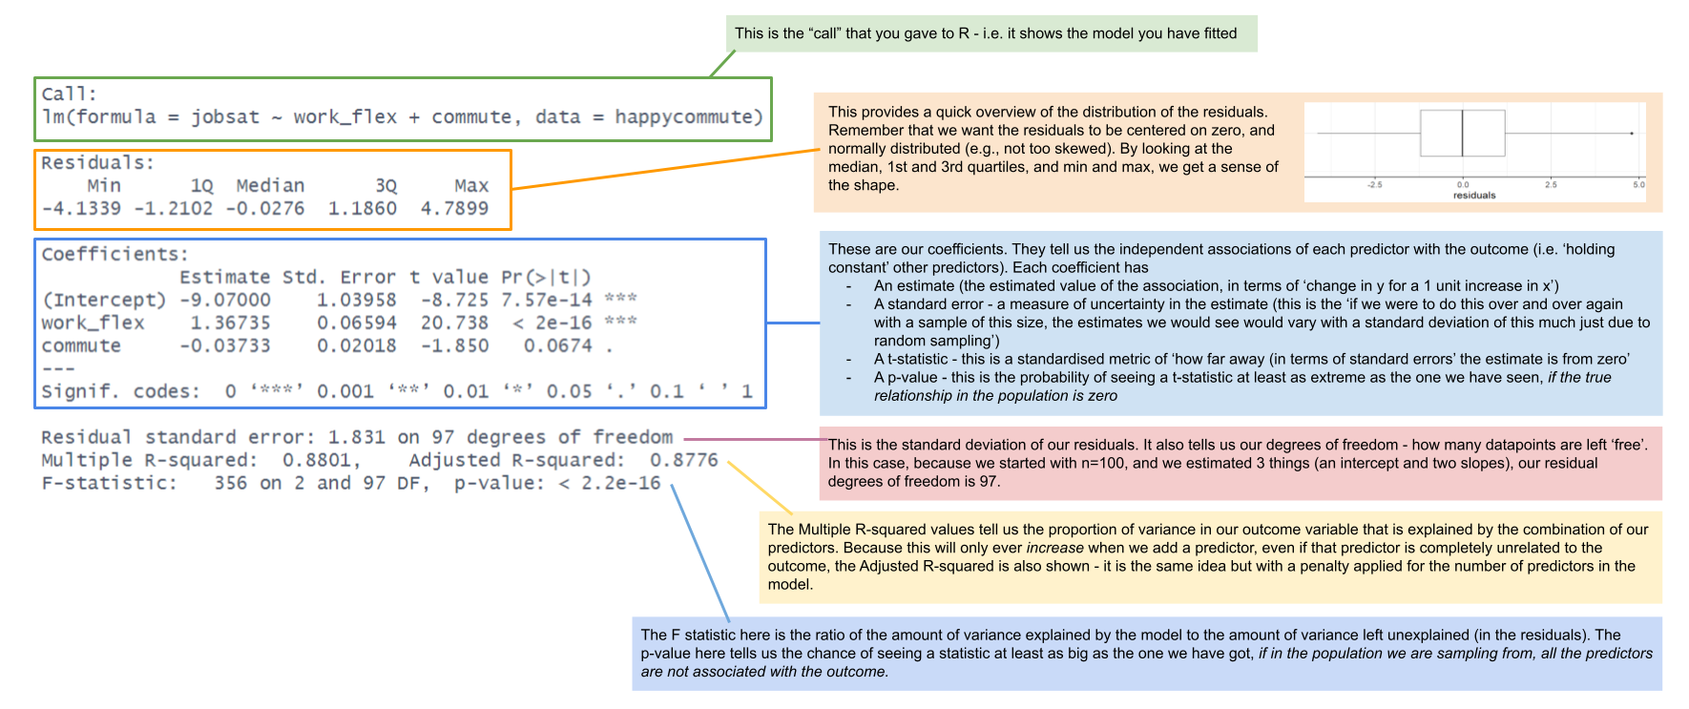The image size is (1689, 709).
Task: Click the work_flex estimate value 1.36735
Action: coord(230,323)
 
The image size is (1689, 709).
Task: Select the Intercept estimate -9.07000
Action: coord(225,301)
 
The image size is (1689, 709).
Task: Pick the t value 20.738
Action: coord(454,323)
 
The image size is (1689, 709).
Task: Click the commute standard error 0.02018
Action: coord(356,346)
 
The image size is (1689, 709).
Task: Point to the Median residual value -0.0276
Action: coord(265,209)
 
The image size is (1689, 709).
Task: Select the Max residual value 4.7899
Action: coord(454,209)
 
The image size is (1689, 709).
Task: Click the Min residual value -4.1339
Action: coord(81,209)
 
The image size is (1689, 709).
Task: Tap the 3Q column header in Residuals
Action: coord(386,186)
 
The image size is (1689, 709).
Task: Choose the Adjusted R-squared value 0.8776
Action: coord(683,461)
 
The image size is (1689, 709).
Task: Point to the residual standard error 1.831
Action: coord(356,438)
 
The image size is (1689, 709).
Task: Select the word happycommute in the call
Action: coord(687,117)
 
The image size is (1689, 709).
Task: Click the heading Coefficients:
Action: coord(115,255)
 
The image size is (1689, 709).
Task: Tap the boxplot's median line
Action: coord(1462,134)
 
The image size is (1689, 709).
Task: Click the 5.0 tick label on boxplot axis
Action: coord(1638,184)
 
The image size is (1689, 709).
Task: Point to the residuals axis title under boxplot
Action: coord(1474,196)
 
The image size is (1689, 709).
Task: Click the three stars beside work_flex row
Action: coord(620,322)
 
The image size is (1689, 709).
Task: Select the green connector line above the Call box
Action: coord(722,64)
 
